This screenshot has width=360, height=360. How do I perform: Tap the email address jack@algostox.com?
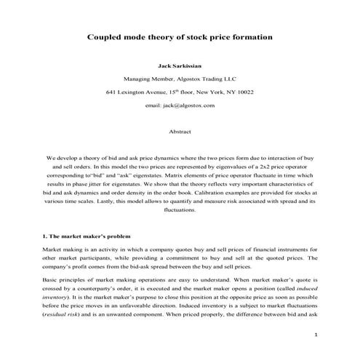pyautogui.click(x=180, y=106)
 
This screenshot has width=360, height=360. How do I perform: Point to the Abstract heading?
pyautogui.click(x=180, y=133)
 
